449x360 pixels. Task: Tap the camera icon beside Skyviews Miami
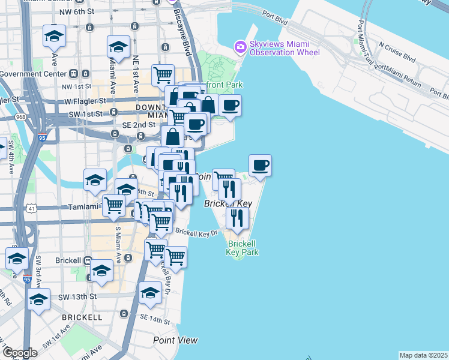click(241, 46)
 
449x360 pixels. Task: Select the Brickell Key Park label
click(243, 248)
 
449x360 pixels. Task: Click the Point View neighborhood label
click(175, 340)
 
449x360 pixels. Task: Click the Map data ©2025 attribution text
click(424, 355)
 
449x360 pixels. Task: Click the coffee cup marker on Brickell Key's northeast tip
click(260, 165)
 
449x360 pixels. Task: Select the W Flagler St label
click(85, 100)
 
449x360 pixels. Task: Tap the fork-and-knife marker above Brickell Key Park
click(238, 218)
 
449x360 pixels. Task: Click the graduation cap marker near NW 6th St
click(55, 37)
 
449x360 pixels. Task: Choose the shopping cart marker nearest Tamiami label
click(113, 206)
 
